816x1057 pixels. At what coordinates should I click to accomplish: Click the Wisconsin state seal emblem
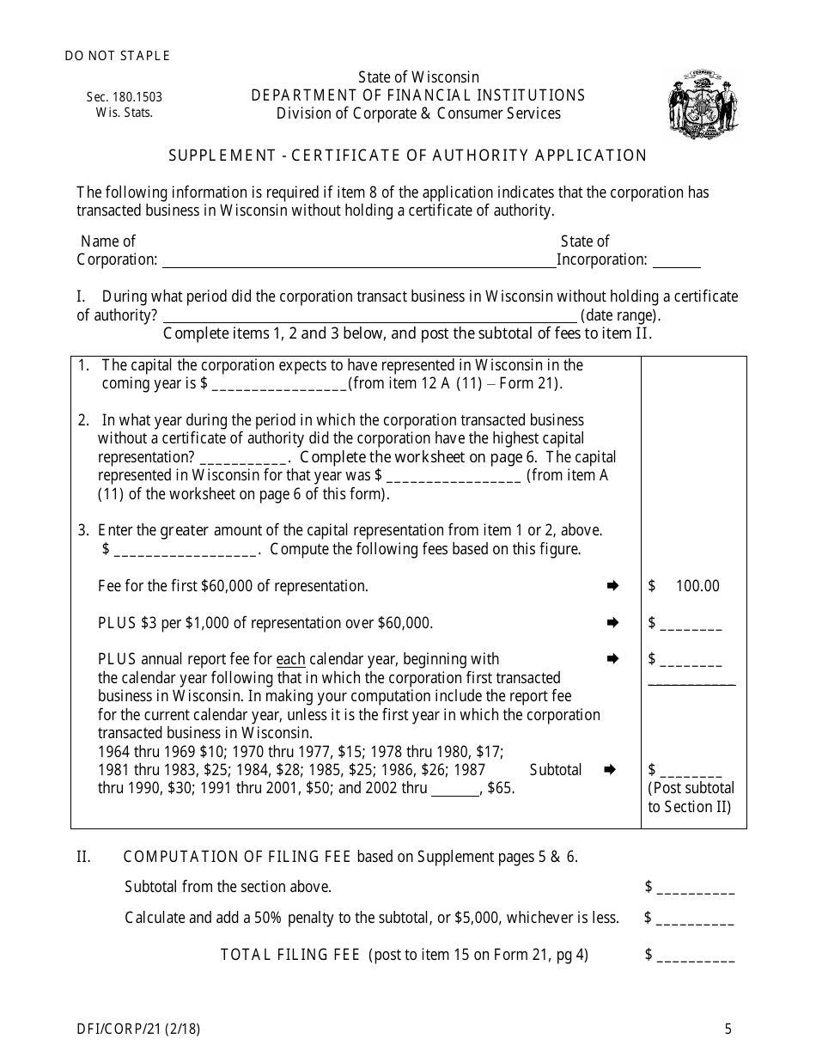point(703,104)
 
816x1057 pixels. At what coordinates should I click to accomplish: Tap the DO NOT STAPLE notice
point(118,56)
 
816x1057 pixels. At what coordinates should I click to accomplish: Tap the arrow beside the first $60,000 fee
point(612,586)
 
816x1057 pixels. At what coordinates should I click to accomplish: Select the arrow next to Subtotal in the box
point(612,770)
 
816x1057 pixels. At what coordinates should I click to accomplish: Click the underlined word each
point(290,660)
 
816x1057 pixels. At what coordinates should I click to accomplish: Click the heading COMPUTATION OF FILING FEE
point(239,857)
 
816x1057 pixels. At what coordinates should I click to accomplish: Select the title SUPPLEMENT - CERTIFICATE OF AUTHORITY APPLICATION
point(407,156)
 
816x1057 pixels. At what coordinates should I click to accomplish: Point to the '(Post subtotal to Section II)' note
point(691,797)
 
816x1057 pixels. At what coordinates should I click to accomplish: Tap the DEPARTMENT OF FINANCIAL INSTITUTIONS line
point(418,95)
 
